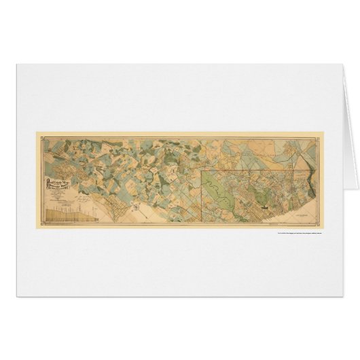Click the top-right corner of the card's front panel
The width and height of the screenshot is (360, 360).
331,63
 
